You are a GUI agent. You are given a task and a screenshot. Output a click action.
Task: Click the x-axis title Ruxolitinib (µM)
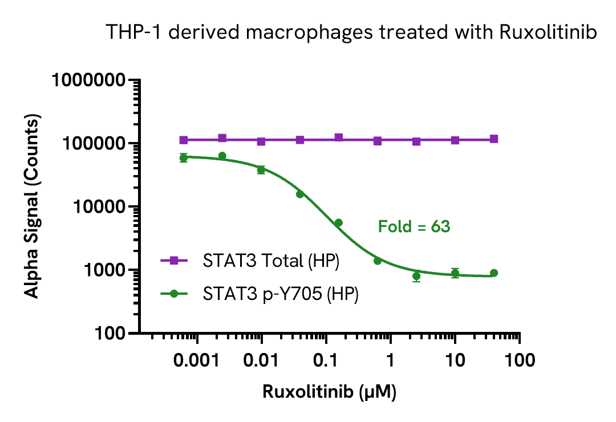329,392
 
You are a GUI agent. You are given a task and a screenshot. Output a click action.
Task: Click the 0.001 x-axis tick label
197,360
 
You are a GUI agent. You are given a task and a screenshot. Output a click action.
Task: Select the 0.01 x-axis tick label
261,360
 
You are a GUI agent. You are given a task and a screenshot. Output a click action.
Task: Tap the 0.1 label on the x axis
326,360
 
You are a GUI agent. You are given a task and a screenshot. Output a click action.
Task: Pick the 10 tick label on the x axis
455,360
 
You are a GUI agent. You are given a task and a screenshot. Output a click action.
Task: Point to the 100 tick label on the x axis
519,360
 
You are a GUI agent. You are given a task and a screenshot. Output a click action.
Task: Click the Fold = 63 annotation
414,227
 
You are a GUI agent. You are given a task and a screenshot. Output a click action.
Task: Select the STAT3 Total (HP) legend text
271,261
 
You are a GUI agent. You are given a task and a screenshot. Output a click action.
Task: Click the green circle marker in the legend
175,294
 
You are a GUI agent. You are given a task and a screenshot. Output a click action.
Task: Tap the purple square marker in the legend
175,261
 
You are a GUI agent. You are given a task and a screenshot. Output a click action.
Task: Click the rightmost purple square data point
494,139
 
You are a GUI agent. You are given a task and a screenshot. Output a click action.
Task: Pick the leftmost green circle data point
184,157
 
